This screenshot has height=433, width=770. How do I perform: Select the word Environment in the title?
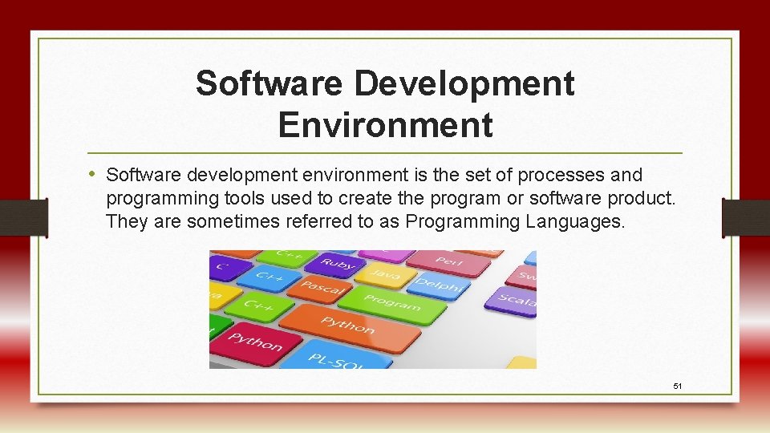[x=385, y=124]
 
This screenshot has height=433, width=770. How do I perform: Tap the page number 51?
[x=678, y=386]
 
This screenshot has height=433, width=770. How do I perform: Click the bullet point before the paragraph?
[x=94, y=174]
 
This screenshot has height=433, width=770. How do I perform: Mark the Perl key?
[x=448, y=261]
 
